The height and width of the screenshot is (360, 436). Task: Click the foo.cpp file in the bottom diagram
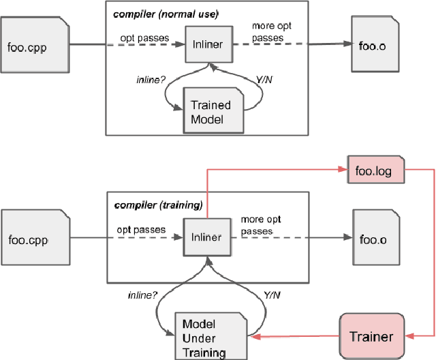pos(34,239)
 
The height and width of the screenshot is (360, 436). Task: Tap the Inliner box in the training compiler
pos(206,237)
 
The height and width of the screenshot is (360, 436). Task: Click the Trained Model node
pos(211,112)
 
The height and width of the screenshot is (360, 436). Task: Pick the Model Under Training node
pos(210,335)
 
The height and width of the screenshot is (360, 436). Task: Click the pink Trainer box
pos(371,335)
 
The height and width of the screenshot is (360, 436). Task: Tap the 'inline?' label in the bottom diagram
pos(144,295)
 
